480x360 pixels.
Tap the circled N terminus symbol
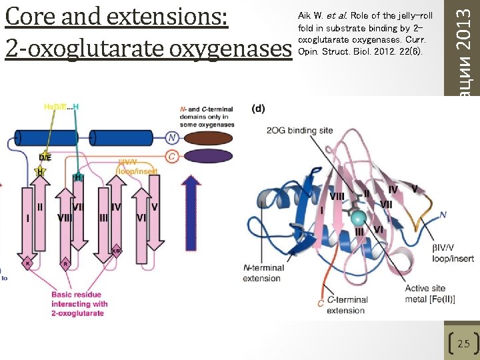pyautogui.click(x=173, y=138)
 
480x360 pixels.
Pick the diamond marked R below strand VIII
pyautogui.click(x=65, y=263)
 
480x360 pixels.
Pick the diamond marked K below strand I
pyautogui.click(x=28, y=263)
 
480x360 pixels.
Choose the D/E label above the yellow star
pyautogui.click(x=44, y=157)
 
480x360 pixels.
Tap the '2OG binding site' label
pyautogui.click(x=299, y=130)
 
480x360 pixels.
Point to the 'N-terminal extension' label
pyautogui.click(x=263, y=273)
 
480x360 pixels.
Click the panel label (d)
pyautogui.click(x=259, y=108)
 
